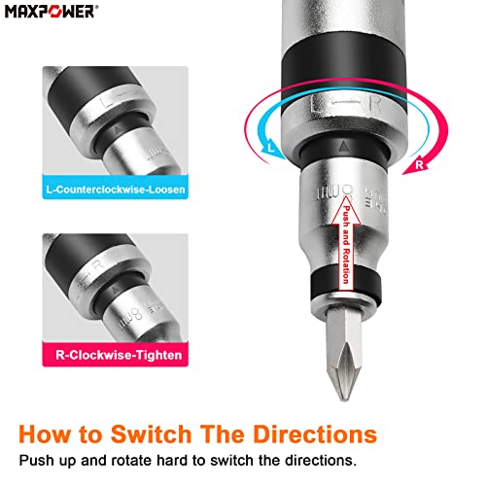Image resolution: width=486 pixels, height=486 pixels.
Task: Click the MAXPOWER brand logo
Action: click(52, 12)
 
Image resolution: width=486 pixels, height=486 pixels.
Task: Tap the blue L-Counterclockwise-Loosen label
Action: click(115, 188)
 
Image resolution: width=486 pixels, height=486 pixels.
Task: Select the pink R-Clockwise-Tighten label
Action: click(115, 355)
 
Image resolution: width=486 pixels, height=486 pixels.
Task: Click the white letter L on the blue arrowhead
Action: click(271, 148)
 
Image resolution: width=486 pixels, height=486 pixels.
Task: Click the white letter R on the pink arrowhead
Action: click(419, 164)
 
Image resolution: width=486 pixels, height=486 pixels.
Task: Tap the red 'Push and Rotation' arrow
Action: click(346, 243)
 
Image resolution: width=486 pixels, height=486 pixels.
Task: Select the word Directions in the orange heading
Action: click(315, 434)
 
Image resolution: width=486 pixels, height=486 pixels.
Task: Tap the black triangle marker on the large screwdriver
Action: click(344, 146)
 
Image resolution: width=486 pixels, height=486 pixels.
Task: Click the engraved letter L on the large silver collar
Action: click(317, 104)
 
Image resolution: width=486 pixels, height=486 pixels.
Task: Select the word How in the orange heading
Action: click(45, 434)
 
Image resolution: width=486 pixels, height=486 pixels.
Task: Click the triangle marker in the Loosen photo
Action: click(118, 130)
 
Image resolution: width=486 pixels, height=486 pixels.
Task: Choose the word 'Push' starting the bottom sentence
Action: click(36, 461)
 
